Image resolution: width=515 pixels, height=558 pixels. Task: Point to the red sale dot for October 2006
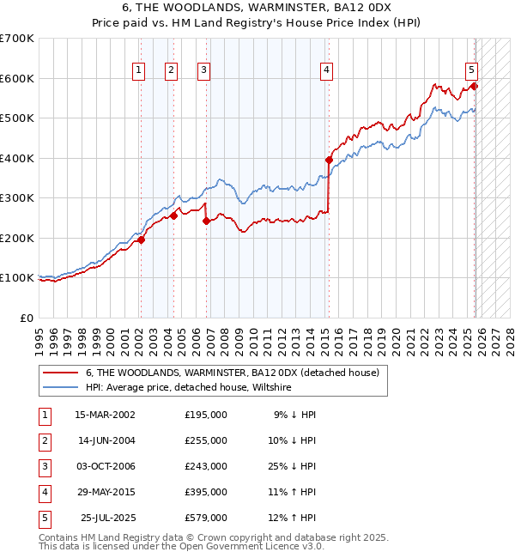tap(206, 221)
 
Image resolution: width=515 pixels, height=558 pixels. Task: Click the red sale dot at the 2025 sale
tap(474, 86)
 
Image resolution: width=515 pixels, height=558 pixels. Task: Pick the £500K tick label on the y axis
tap(17, 118)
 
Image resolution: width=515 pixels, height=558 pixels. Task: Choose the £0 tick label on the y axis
tap(27, 318)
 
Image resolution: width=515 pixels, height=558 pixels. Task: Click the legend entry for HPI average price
tap(189, 388)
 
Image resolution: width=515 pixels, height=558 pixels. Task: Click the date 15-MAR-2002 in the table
tap(106, 415)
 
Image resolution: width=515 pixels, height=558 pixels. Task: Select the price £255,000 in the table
tap(206, 440)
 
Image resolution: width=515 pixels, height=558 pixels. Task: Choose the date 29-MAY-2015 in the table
tap(106, 492)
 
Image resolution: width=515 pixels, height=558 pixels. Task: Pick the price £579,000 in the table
tap(206, 518)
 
